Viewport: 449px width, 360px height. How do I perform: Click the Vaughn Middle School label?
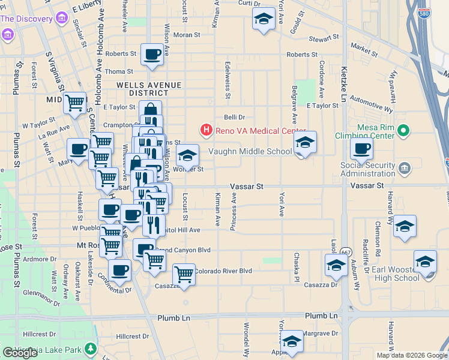tap(250, 151)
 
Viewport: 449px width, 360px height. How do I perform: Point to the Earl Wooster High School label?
tap(396, 274)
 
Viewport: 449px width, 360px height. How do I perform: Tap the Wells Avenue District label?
tap(142, 89)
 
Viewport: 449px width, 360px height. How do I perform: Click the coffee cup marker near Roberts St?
tap(152, 54)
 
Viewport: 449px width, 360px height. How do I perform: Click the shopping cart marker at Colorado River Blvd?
tap(184, 274)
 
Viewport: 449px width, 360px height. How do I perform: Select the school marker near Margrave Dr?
tap(292, 341)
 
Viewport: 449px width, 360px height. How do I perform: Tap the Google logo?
tap(20, 353)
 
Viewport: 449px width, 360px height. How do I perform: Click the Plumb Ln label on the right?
tap(321, 316)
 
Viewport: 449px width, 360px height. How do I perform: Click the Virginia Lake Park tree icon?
tap(91, 348)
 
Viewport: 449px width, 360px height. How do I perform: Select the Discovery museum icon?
tap(61, 19)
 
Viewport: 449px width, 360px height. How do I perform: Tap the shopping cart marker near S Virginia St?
tap(75, 102)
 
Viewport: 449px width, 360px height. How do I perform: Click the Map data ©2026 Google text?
tap(412, 355)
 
